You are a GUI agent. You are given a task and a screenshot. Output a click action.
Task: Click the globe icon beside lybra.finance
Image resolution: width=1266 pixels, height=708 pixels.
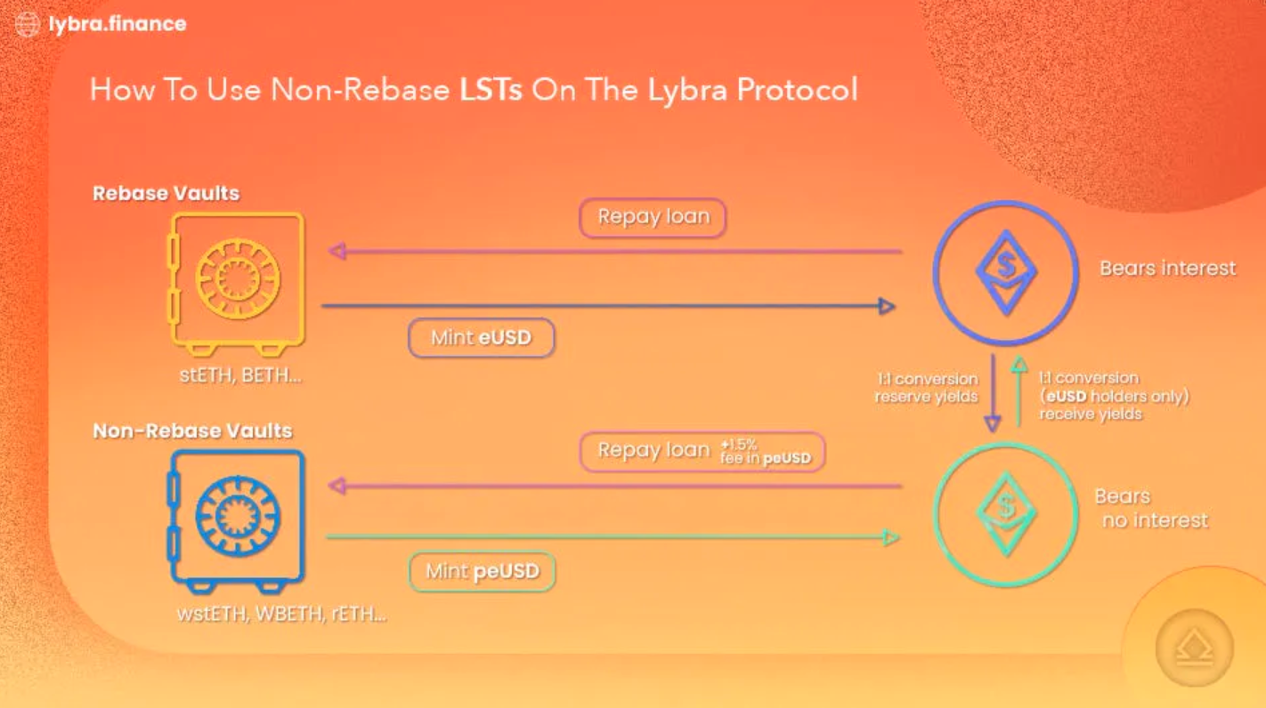click(28, 24)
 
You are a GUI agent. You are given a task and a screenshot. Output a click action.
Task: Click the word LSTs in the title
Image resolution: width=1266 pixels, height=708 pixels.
click(491, 91)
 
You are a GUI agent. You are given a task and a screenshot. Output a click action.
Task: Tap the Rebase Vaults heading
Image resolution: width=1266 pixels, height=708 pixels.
click(166, 193)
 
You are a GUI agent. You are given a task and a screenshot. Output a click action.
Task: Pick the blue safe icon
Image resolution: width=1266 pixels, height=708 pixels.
click(236, 519)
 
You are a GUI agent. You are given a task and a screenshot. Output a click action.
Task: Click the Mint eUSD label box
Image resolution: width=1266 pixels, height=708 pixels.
click(481, 338)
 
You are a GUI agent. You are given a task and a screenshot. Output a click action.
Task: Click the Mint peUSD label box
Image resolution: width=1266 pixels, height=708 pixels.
click(482, 571)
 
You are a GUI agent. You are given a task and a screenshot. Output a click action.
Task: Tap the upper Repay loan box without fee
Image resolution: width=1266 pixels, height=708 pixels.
click(653, 218)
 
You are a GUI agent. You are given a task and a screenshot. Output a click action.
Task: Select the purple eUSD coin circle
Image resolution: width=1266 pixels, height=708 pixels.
click(1006, 273)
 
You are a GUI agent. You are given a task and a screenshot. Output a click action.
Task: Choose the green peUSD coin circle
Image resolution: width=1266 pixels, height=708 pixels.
click(1006, 515)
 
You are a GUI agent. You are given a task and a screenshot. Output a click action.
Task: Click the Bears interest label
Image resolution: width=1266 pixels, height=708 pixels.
click(1166, 268)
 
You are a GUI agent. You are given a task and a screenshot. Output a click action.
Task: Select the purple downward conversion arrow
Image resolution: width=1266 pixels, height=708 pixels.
click(993, 391)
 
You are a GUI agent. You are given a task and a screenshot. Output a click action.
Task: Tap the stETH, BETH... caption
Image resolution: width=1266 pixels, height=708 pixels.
click(240, 375)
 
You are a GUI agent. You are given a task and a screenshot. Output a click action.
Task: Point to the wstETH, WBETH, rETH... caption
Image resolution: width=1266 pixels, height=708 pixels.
click(281, 614)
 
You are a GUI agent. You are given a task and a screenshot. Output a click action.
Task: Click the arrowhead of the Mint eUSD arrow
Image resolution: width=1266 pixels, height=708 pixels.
click(886, 307)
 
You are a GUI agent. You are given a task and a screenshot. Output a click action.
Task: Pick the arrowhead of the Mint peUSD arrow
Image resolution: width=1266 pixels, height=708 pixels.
click(889, 537)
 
